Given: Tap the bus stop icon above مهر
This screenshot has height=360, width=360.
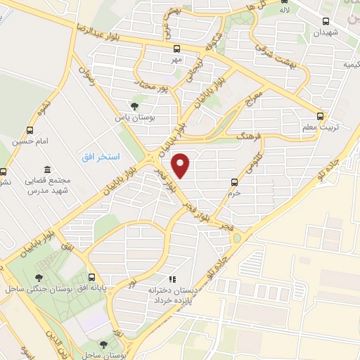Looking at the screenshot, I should [176, 49].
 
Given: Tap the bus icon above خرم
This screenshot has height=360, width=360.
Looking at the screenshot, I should [235, 181].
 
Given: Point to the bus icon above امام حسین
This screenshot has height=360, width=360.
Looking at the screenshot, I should [30, 131].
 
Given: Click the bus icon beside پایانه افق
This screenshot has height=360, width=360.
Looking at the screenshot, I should [93, 277].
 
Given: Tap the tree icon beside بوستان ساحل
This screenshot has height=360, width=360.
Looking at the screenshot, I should [104, 345].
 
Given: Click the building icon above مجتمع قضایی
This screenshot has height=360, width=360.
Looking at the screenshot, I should [47, 169].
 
